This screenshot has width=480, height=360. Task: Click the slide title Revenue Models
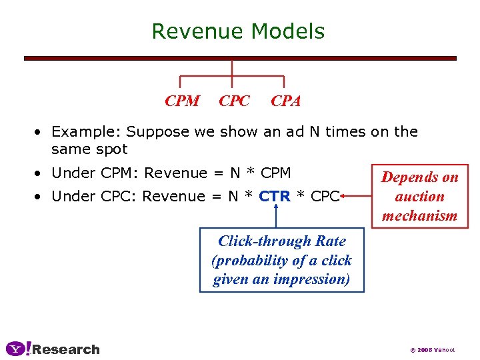point(238,31)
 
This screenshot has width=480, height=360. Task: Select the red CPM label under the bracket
point(182,101)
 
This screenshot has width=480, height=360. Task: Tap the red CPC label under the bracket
point(234,101)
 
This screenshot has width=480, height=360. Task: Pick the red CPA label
point(285,101)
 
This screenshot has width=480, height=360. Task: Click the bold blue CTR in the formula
point(275,196)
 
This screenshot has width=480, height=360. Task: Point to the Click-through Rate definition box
point(282,260)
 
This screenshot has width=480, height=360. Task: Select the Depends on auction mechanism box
point(419,196)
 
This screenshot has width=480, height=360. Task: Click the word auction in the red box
point(419,196)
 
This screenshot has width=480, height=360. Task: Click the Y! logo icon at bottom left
point(18,349)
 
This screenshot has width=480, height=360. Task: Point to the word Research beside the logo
point(66,349)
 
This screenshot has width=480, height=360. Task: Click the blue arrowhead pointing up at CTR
point(275,208)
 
